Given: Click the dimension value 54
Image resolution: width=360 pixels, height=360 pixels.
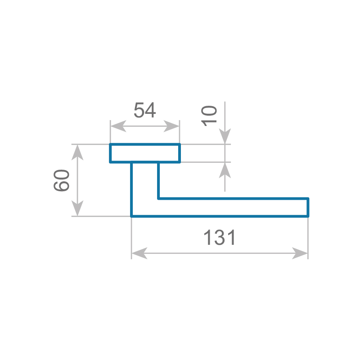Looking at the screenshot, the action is (144, 110).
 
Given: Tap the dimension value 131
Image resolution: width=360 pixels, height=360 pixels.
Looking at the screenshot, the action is (220, 238).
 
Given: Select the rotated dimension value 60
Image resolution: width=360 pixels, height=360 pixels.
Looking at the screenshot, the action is (61, 180).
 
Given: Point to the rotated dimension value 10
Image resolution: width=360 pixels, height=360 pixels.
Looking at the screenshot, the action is (209, 116).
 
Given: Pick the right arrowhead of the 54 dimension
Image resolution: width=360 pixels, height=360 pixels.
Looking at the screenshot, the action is (171, 126).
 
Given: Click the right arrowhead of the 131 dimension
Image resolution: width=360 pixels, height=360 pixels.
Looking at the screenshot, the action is (300, 253).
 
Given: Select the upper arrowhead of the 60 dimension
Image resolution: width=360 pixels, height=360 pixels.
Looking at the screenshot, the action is (77, 153).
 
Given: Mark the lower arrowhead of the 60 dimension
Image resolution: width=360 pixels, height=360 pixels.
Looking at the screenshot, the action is (77, 208).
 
